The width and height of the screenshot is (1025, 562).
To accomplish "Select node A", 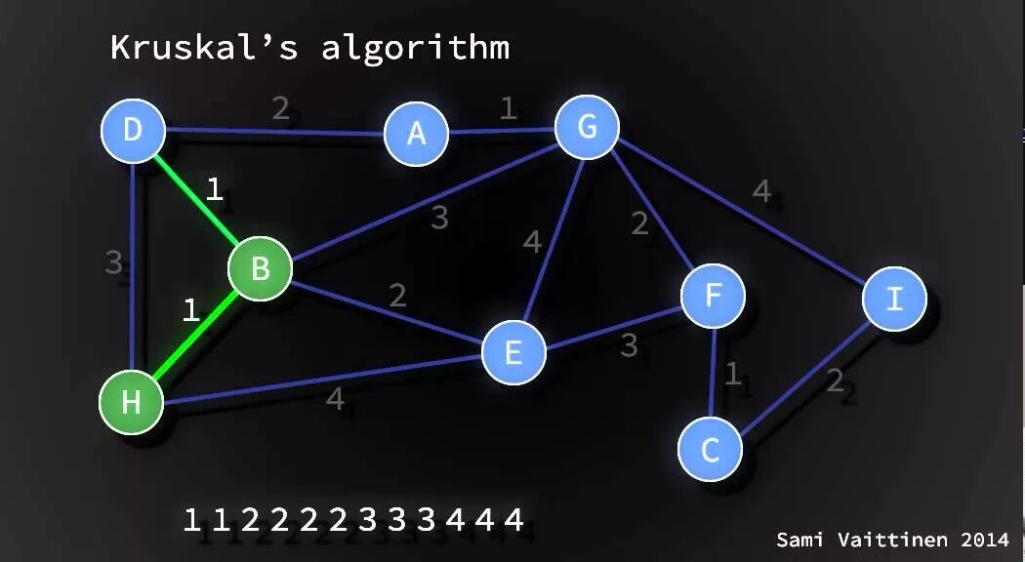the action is click(416, 134).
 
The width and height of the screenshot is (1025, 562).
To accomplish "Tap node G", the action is click(587, 127).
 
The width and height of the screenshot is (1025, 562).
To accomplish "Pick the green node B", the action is click(260, 268).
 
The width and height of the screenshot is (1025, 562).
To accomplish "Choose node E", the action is click(512, 352).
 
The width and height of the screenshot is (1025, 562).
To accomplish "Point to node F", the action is click(713, 296).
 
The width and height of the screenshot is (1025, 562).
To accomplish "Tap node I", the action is click(894, 299).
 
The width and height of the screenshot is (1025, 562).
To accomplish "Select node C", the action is click(711, 450).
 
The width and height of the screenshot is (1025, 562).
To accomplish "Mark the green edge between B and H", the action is click(196, 334).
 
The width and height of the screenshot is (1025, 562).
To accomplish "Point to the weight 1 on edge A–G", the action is click(508, 107).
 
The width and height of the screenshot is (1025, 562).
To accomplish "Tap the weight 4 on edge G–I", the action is click(761, 191).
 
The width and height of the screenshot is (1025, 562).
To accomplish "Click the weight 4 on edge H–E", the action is click(335, 398).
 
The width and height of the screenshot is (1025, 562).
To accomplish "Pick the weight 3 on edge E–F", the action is click(629, 345).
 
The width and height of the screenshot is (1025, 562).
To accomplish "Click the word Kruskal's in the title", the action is click(203, 47).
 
